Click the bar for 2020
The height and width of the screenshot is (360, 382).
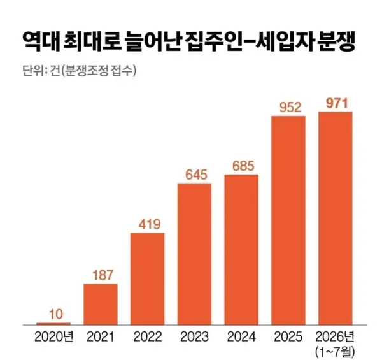tap(53, 324)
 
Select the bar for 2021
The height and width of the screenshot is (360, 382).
tap(101, 304)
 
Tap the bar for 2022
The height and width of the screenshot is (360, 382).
tap(148, 279)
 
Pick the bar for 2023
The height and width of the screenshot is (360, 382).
tap(194, 254)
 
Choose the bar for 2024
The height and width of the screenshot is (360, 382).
tap(241, 250)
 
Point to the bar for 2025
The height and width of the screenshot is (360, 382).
tap(288, 220)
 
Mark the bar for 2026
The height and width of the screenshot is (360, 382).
tap(336, 219)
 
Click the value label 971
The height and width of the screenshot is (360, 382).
tap(337, 103)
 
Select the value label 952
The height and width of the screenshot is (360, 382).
tap(290, 108)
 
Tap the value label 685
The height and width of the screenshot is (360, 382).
tap(243, 166)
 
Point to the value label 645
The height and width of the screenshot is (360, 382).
tap(196, 175)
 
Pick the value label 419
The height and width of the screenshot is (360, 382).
tap(150, 224)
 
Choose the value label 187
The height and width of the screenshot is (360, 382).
tap(103, 275)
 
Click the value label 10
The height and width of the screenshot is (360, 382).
tap(56, 314)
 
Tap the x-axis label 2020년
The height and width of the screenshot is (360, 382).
tap(54, 337)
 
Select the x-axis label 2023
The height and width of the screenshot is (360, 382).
tap(194, 337)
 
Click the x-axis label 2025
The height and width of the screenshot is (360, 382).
tap(288, 337)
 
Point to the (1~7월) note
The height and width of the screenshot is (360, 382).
tap(335, 352)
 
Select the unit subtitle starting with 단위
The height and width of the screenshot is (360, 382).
tap(80, 71)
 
